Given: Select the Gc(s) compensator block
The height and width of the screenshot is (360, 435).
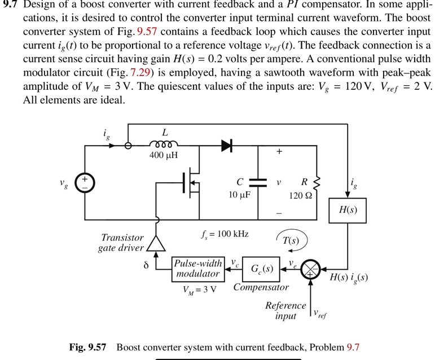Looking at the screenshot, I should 262,269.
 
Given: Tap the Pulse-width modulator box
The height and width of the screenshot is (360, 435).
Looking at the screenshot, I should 197,269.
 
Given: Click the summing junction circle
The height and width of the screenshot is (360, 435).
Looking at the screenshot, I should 310,269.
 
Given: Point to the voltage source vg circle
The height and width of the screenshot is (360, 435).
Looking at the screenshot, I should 85,183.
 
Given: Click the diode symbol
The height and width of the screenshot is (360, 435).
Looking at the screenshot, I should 227,146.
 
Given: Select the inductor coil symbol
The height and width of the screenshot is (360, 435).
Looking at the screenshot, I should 164,144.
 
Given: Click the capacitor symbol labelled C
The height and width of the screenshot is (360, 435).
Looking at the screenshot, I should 258,183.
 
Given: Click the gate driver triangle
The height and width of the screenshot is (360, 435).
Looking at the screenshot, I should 156,242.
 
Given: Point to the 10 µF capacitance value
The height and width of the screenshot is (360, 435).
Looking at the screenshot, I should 239,194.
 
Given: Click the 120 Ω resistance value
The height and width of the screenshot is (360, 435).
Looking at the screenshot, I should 300,195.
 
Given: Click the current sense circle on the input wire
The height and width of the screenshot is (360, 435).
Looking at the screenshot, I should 128,146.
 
